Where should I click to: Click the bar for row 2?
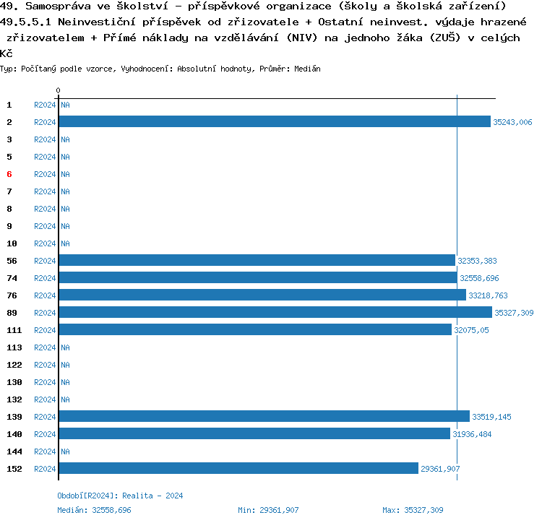click(275, 122)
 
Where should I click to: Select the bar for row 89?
click(275, 313)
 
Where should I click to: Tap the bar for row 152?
click(238, 469)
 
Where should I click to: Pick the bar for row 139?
click(264, 417)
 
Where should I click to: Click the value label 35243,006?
click(512, 122)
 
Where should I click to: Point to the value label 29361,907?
click(440, 469)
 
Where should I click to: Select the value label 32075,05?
click(471, 330)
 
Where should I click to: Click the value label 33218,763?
click(488, 295)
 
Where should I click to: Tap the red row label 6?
click(9, 174)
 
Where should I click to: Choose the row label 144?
click(14, 451)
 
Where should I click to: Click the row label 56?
click(12, 261)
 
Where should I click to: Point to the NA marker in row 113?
click(65, 347)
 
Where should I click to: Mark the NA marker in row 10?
click(65, 243)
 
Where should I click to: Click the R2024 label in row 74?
click(45, 278)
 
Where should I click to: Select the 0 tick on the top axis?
click(58, 90)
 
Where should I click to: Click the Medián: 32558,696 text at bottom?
click(94, 510)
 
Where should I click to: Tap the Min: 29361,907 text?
click(268, 510)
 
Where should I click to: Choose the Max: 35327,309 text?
click(413, 510)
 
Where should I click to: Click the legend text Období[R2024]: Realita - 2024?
click(120, 496)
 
